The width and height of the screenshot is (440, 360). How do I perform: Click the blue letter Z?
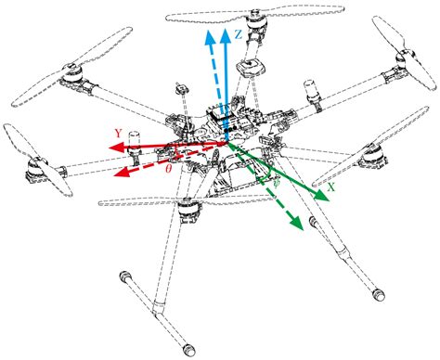tap(239, 34)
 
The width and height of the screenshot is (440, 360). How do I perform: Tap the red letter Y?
tap(119, 132)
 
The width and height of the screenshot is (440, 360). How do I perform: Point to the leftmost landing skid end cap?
tap(123, 276)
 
